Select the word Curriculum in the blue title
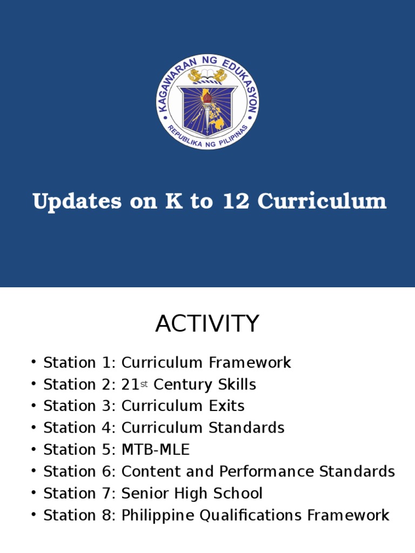[x=322, y=201]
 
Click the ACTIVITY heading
[x=207, y=324]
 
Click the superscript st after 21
[x=144, y=385]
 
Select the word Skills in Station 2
[x=237, y=385]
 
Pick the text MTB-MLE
[x=156, y=450]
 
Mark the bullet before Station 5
[x=34, y=450]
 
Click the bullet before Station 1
[x=34, y=362]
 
